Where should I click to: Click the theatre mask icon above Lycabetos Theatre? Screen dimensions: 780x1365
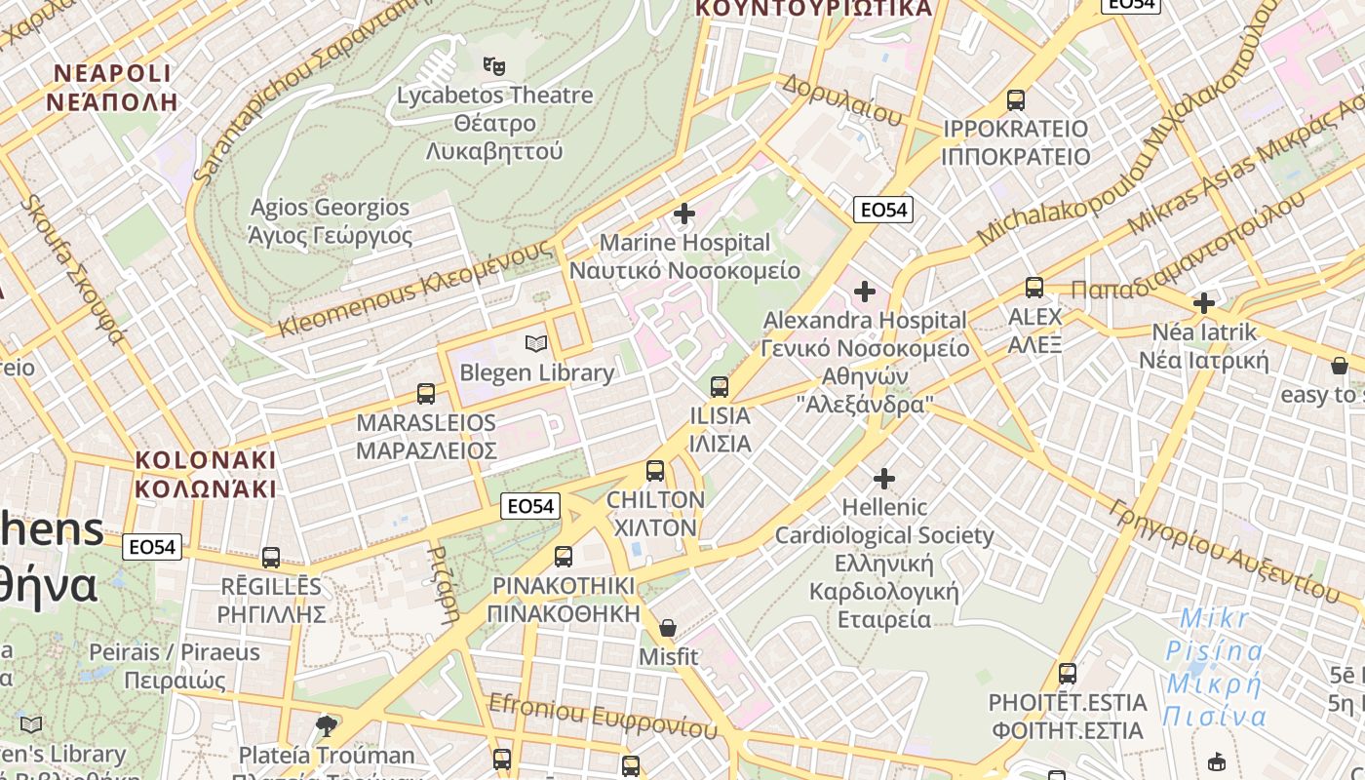(x=494, y=66)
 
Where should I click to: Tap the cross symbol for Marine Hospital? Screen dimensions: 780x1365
(x=684, y=214)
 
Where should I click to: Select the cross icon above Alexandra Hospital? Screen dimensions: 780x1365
(x=864, y=291)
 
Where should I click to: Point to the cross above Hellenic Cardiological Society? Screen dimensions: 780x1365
(x=884, y=479)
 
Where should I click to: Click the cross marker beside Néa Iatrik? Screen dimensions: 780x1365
(x=1204, y=303)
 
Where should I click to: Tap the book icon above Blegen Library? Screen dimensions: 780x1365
(x=536, y=343)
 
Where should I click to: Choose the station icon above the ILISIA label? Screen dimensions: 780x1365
(x=720, y=387)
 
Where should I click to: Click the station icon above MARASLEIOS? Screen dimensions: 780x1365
(x=426, y=394)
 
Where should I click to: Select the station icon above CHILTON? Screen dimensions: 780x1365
(x=655, y=471)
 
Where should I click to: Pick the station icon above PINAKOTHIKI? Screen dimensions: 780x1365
(x=564, y=557)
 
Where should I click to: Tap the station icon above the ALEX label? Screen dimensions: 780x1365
(x=1034, y=288)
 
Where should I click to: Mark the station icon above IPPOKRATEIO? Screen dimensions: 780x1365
(x=1016, y=99)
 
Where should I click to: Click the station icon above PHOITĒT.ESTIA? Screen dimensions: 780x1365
(x=1068, y=674)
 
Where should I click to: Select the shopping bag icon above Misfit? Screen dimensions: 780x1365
(x=668, y=628)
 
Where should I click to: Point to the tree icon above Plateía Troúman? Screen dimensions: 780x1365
(x=327, y=725)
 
